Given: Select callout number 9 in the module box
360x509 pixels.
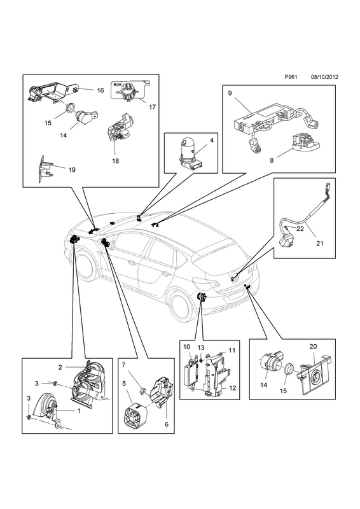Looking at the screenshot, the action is coord(230,94).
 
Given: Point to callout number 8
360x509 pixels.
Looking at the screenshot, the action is coord(272,160).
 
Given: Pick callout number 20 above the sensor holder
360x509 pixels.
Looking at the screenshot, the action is coord(313,347).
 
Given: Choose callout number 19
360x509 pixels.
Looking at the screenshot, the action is coord(72,169).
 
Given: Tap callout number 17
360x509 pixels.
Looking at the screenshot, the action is coord(152,107).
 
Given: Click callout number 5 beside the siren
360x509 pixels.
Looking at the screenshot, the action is coord(124,384).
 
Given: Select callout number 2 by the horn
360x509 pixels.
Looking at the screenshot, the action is coord(60,368).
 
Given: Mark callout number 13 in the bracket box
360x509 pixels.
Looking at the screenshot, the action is coord(201,348).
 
